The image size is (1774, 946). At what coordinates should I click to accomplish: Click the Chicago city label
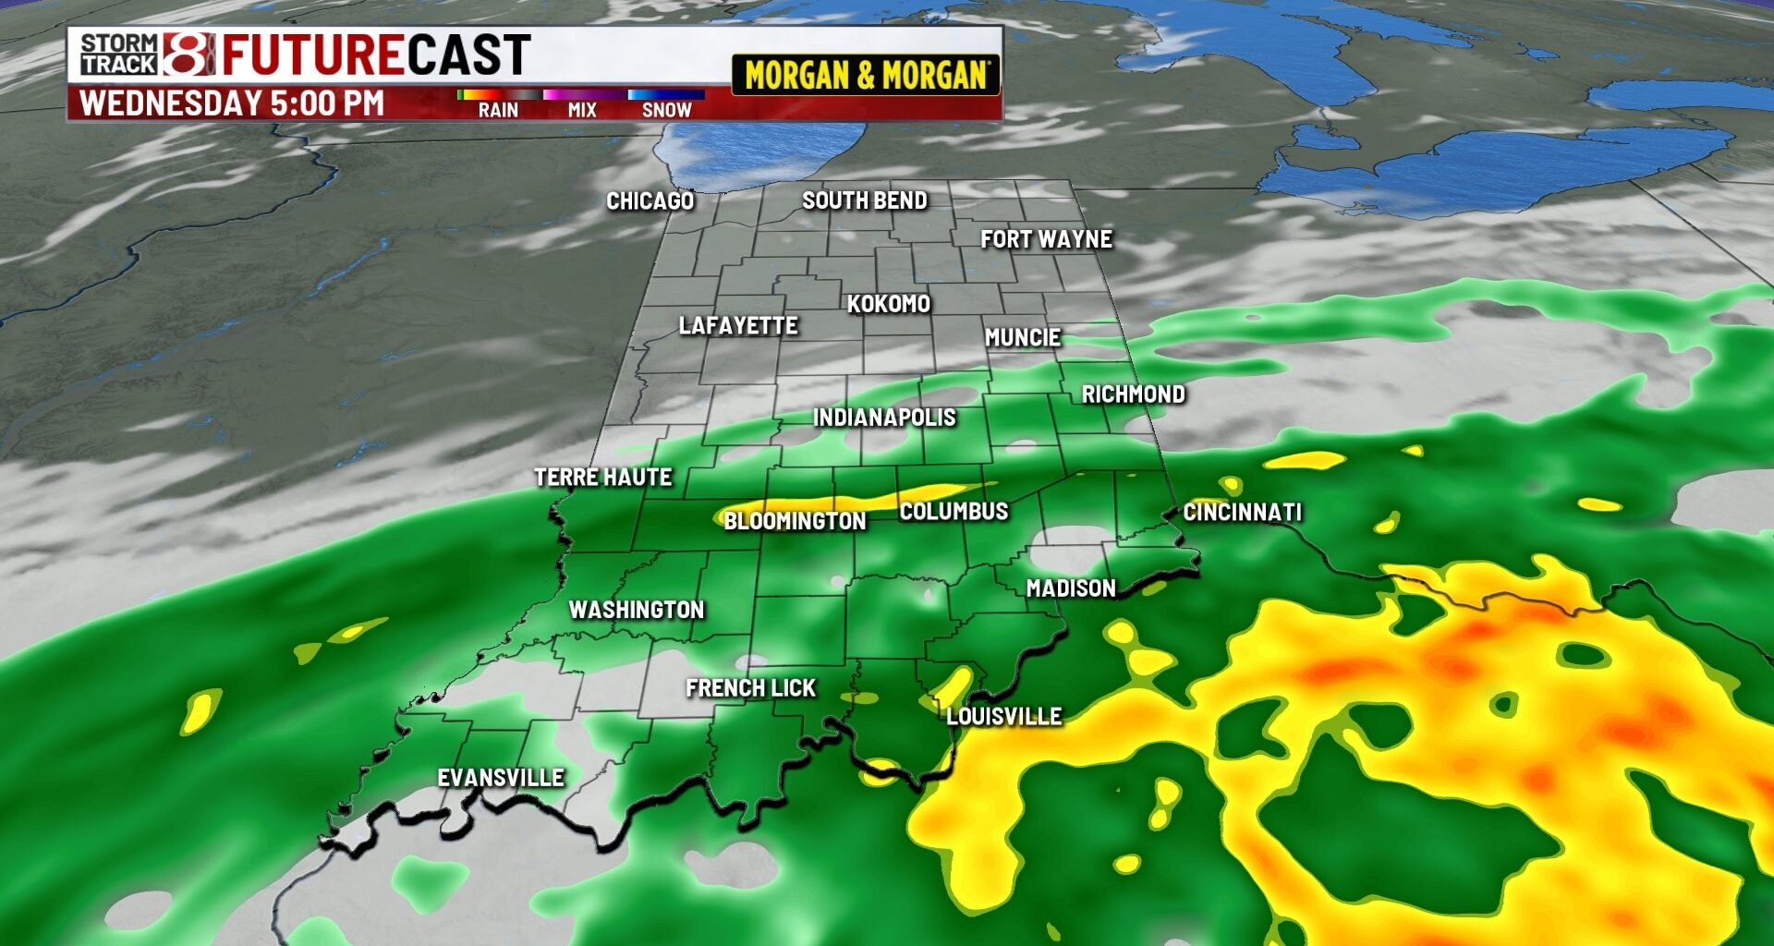(650, 201)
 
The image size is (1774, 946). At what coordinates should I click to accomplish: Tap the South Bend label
(864, 200)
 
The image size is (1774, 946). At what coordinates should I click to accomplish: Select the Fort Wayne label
(1046, 239)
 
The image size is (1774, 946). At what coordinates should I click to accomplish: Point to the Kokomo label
(888, 304)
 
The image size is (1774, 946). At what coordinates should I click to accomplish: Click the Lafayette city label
(737, 325)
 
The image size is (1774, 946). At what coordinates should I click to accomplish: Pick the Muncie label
(1022, 338)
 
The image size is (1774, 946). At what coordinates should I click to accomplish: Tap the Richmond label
(1133, 394)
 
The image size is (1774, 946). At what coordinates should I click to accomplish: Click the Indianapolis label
(884, 418)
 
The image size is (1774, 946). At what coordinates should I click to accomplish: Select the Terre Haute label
(602, 478)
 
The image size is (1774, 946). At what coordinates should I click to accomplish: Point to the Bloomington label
(795, 521)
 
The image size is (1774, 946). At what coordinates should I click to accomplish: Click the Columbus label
(954, 511)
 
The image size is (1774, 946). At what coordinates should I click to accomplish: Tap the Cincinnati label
(1242, 512)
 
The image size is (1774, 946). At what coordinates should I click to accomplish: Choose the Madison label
(1071, 588)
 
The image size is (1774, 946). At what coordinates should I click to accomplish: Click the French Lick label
(750, 688)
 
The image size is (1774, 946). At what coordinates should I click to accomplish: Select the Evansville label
(500, 778)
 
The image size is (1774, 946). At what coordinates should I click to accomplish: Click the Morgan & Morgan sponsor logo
(866, 75)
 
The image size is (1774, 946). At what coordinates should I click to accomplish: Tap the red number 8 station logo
(188, 54)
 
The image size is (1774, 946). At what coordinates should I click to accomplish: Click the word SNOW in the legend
(666, 110)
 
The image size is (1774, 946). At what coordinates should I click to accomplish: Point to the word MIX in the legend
(582, 110)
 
